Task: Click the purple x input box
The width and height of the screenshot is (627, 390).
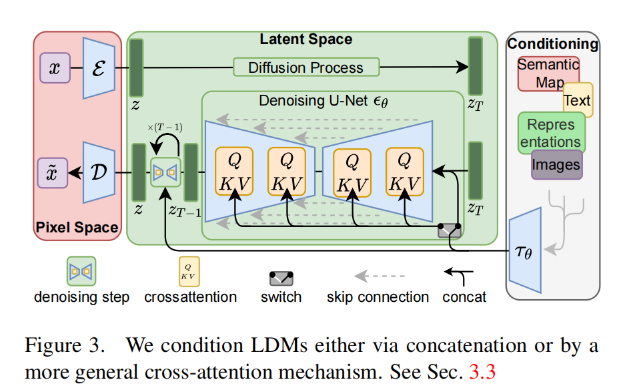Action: point(55,68)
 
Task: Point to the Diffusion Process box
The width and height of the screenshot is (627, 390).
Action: point(305,67)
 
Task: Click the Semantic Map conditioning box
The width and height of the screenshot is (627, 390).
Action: point(547,73)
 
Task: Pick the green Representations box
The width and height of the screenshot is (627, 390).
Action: point(551,133)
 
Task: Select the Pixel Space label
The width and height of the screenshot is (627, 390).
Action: point(77,228)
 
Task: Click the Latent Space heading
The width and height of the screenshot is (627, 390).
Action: point(305,39)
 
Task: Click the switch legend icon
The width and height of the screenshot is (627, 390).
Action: point(281,276)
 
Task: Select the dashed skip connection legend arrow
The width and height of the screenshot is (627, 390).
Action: point(378,275)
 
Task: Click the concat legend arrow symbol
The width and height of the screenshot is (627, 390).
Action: point(459,274)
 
